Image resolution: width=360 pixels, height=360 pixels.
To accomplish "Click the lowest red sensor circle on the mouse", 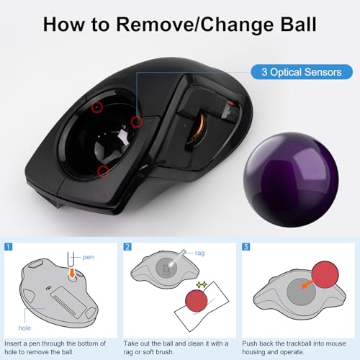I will (x=103, y=171).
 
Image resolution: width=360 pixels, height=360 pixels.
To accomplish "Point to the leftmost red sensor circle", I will (x=97, y=106).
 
